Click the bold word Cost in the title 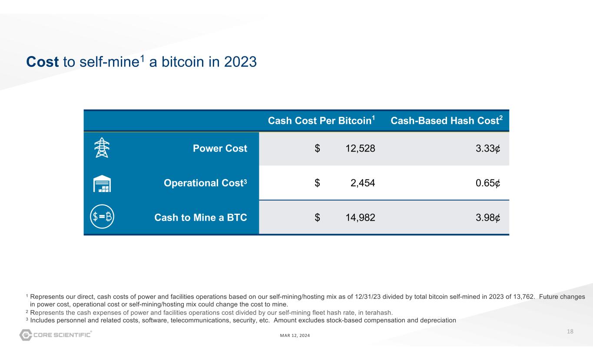[x=43, y=62]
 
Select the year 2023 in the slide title [x=240, y=62]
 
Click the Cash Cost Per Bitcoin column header [x=321, y=120]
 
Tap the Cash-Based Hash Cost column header [x=447, y=120]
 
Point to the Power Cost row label [x=220, y=148]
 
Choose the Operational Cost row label [x=205, y=183]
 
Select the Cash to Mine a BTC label [x=201, y=218]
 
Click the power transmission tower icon [x=102, y=148]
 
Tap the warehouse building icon [x=102, y=183]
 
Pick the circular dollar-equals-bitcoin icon [x=102, y=217]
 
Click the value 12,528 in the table [x=360, y=149]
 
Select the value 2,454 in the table [x=363, y=183]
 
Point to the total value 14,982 [x=360, y=218]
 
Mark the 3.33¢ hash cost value [x=488, y=149]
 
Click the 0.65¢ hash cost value [x=488, y=183]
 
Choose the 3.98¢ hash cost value [x=488, y=218]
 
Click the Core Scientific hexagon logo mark [x=26, y=335]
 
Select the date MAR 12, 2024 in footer [x=295, y=335]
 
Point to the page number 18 [x=570, y=331]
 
